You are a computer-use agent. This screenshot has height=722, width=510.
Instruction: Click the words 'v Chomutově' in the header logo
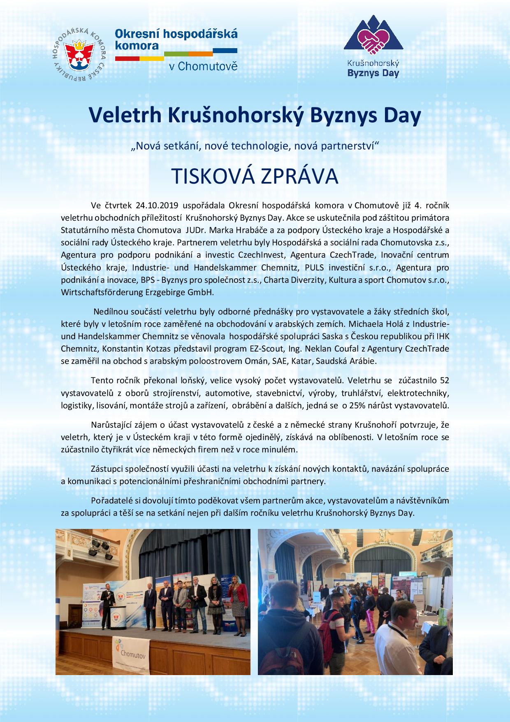point(203,66)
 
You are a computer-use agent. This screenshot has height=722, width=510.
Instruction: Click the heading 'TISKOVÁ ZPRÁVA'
point(255,176)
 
